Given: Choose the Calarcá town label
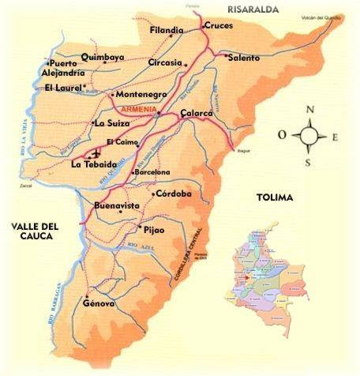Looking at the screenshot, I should pyautogui.click(x=197, y=114).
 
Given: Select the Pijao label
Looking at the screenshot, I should pyautogui.click(x=155, y=231).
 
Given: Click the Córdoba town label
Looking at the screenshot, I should pyautogui.click(x=174, y=194).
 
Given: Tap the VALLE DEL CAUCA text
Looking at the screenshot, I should pyautogui.click(x=32, y=231).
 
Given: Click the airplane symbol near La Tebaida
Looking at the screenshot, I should pyautogui.click(x=96, y=153).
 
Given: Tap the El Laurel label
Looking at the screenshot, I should pyautogui.click(x=63, y=88).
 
